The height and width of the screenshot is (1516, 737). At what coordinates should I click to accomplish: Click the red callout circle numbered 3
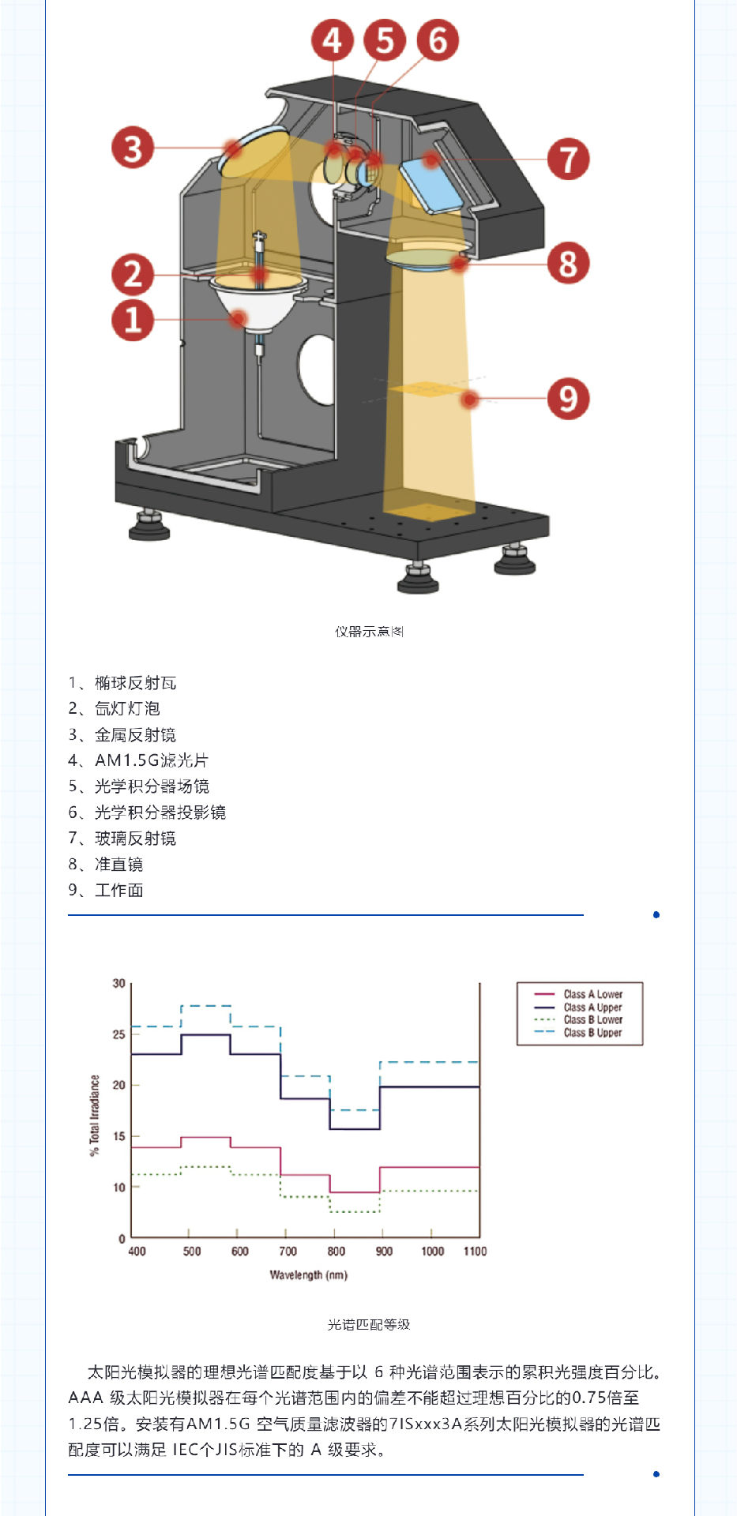point(133,148)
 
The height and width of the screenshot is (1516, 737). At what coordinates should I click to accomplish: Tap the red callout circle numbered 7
point(569,159)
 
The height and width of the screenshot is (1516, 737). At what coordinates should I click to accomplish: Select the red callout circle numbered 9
point(569,398)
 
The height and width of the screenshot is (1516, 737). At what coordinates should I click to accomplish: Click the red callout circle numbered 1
point(133,320)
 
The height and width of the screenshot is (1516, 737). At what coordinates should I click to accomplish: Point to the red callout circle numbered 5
point(385,40)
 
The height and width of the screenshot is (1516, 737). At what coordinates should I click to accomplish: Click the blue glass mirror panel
point(431,184)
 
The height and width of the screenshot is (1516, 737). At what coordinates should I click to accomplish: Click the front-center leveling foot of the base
point(418,577)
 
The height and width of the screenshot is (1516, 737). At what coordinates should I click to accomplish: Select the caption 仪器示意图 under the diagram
point(369,632)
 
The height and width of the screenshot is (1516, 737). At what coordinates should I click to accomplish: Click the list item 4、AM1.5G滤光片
point(138,760)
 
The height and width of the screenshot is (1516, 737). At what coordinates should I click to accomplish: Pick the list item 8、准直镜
point(106,865)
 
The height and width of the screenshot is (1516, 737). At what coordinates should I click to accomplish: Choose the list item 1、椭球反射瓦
point(122,683)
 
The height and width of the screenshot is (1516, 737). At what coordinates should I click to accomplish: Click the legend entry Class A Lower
point(579,994)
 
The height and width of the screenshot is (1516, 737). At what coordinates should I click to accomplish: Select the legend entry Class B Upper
point(579,1032)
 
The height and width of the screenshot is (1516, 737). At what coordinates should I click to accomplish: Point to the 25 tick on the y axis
point(118,1034)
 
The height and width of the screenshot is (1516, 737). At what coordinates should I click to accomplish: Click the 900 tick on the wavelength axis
point(384,1251)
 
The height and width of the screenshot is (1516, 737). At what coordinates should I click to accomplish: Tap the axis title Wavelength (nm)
point(308,1274)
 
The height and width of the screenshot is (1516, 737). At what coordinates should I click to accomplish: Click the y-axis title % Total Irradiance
point(95,1115)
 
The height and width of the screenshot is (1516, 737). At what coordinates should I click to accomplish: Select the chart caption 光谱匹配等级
point(369,1324)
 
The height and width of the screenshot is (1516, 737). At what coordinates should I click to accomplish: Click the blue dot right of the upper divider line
point(656,914)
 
